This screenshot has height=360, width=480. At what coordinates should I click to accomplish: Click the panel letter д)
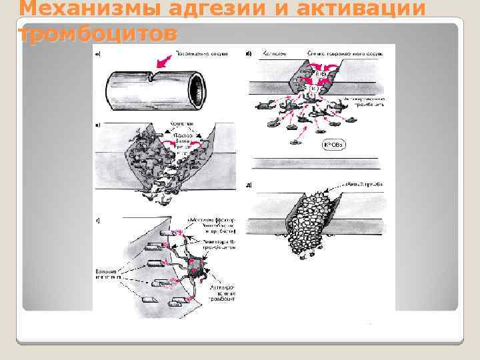pos(249,184)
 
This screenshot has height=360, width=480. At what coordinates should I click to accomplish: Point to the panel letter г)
pos(99,218)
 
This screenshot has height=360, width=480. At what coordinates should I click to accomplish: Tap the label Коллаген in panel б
pos(273,52)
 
